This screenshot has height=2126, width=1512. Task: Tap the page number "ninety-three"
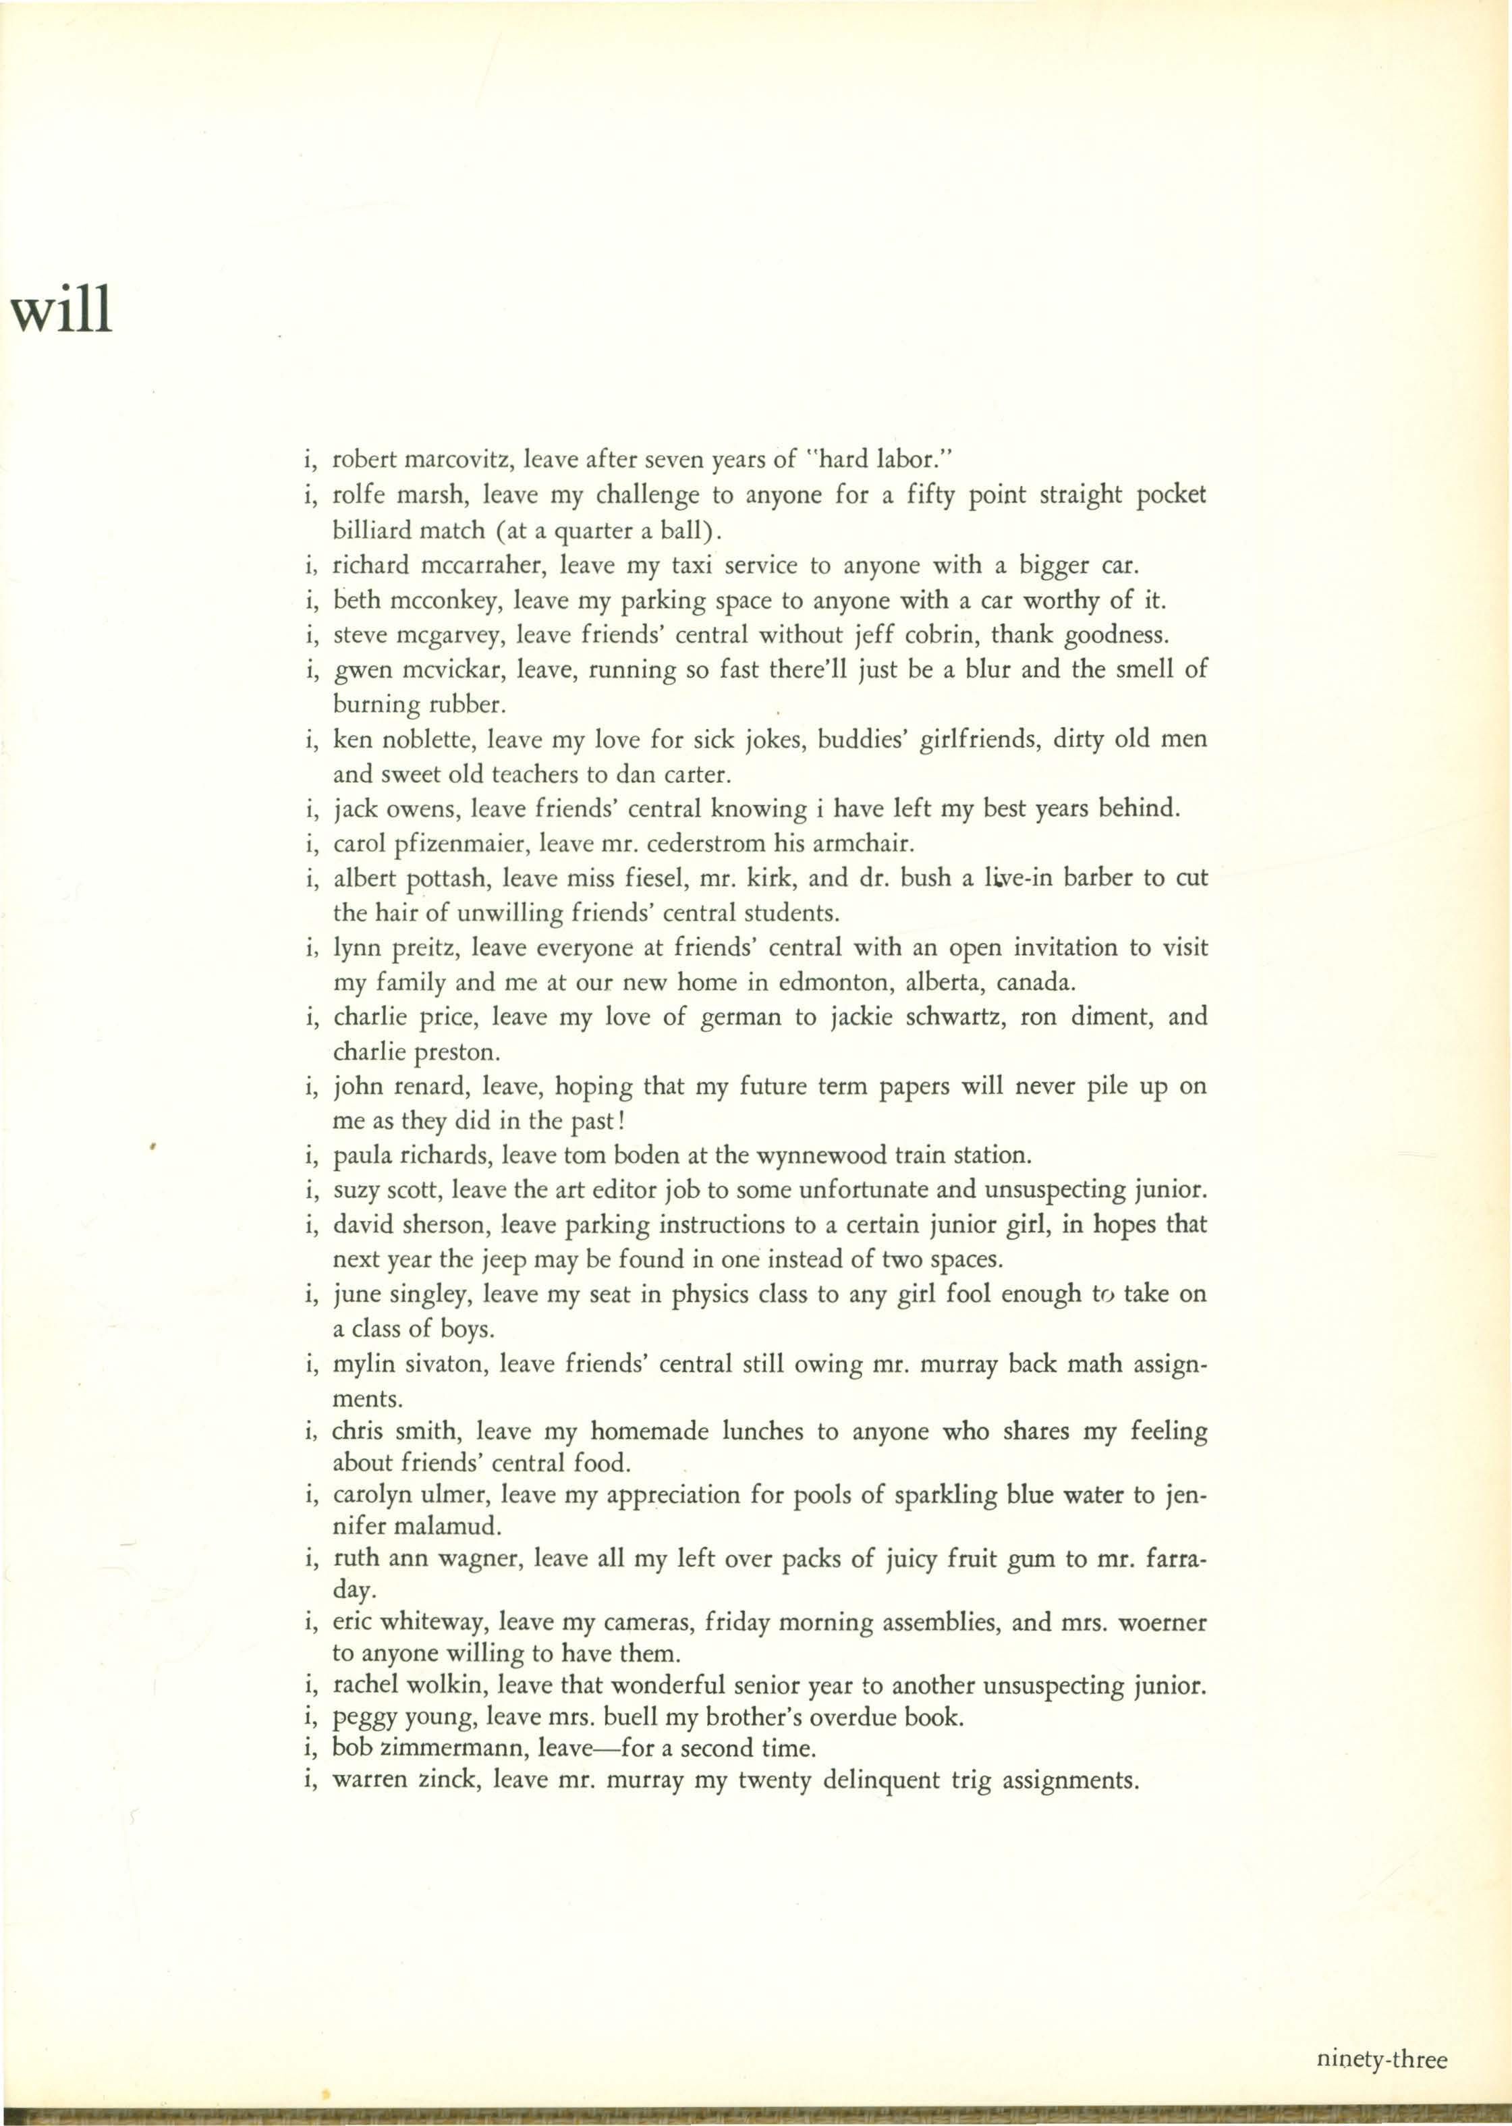(1382, 2000)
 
